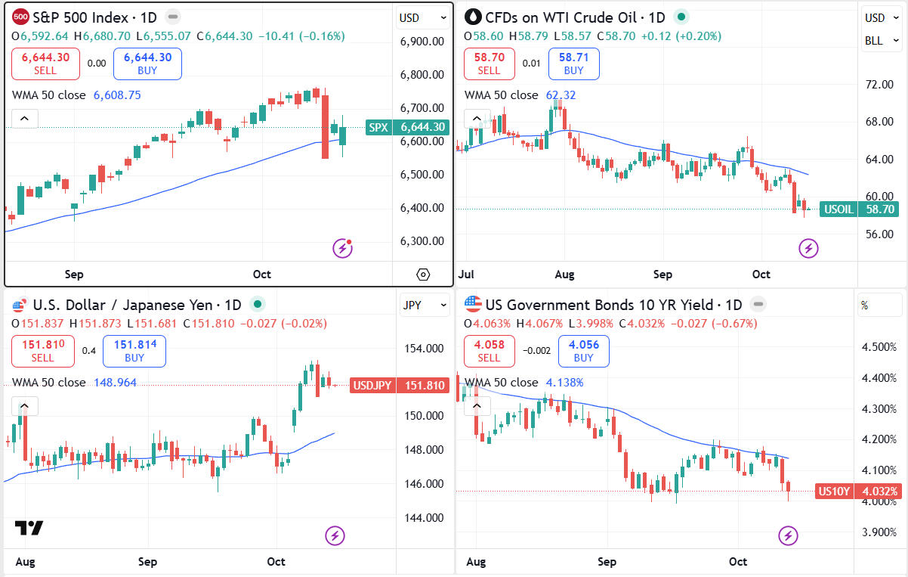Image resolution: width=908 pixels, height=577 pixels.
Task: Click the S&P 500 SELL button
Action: pyautogui.click(x=45, y=64)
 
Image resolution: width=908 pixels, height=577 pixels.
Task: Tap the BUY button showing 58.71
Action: pyautogui.click(x=573, y=64)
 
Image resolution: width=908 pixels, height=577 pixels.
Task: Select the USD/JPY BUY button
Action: pyautogui.click(x=134, y=351)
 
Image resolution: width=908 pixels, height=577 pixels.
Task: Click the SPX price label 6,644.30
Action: pyautogui.click(x=407, y=127)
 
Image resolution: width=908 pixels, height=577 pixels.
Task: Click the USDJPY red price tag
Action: pyautogui.click(x=400, y=386)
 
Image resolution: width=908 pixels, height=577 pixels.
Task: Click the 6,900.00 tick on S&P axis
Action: pyautogui.click(x=422, y=41)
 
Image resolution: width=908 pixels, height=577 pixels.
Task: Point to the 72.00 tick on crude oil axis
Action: pyautogui.click(x=879, y=84)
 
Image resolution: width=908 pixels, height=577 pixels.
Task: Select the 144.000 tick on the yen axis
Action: pyautogui.click(x=423, y=518)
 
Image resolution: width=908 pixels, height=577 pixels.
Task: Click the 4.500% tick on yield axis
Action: pyautogui.click(x=879, y=346)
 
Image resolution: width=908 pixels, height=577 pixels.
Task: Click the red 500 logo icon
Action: pyautogui.click(x=21, y=17)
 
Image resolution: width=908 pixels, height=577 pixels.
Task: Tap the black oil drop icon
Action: pyautogui.click(x=474, y=17)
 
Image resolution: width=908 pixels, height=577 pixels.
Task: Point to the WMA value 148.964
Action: pyautogui.click(x=115, y=383)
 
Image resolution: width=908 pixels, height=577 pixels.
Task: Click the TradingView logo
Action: pyautogui.click(x=29, y=528)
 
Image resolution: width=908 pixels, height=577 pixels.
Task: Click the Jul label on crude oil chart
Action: pyautogui.click(x=466, y=274)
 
